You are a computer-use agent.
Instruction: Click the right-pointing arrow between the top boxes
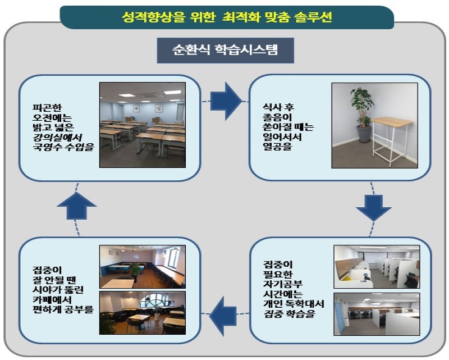226,101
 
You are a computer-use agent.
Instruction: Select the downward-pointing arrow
373,208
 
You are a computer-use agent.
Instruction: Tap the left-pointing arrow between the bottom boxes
223,316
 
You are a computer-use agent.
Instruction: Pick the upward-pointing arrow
76,206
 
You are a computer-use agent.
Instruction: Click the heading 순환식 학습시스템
225,50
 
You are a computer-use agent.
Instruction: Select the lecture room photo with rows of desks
143,125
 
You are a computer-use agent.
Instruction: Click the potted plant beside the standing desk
361,115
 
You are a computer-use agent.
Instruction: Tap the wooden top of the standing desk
392,122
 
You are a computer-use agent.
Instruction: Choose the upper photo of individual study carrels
377,267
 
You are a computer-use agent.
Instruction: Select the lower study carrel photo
377,314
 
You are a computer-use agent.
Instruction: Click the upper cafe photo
143,267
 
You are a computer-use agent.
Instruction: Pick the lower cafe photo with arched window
143,313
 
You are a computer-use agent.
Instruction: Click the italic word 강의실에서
58,137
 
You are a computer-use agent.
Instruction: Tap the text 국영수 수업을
63,147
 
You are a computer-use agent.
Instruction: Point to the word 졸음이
277,117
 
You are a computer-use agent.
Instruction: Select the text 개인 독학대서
294,303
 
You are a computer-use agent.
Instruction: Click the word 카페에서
52,300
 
